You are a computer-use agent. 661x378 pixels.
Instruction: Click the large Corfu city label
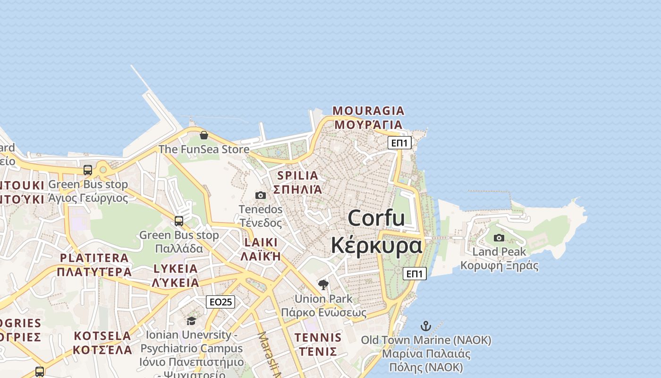pyautogui.click(x=376, y=218)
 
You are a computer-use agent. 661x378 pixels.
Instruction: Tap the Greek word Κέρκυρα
pyautogui.click(x=376, y=246)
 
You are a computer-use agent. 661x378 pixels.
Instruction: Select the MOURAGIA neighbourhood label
pyautogui.click(x=368, y=111)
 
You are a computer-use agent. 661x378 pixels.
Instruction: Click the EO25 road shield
pyautogui.click(x=220, y=301)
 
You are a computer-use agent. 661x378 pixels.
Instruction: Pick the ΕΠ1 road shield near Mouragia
pyautogui.click(x=399, y=143)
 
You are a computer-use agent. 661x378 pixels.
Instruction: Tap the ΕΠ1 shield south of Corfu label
pyautogui.click(x=415, y=273)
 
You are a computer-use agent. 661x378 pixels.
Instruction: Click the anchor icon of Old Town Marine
pyautogui.click(x=426, y=326)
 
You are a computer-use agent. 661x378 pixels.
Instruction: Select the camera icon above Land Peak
pyautogui.click(x=499, y=238)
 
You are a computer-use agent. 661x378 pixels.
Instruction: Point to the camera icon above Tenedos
pyautogui.click(x=260, y=195)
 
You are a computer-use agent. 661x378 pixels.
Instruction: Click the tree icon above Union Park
pyautogui.click(x=323, y=284)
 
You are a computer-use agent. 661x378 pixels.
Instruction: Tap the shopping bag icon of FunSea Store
pyautogui.click(x=204, y=136)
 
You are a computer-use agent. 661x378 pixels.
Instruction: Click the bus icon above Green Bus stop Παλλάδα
pyautogui.click(x=179, y=221)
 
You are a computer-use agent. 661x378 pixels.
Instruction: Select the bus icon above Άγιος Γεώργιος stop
pyautogui.click(x=88, y=170)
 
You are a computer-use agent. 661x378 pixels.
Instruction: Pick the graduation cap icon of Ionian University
pyautogui.click(x=191, y=321)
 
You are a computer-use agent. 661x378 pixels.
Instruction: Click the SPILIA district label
pyautogui.click(x=298, y=175)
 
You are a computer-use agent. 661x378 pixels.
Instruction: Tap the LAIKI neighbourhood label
pyautogui.click(x=261, y=242)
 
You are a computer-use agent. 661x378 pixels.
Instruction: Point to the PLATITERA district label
pyautogui.click(x=94, y=258)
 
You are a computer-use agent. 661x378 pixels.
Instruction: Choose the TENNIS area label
pyautogui.click(x=318, y=337)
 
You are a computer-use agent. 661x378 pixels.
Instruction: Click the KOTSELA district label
pyautogui.click(x=102, y=336)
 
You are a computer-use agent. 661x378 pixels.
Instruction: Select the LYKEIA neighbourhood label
pyautogui.click(x=175, y=268)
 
